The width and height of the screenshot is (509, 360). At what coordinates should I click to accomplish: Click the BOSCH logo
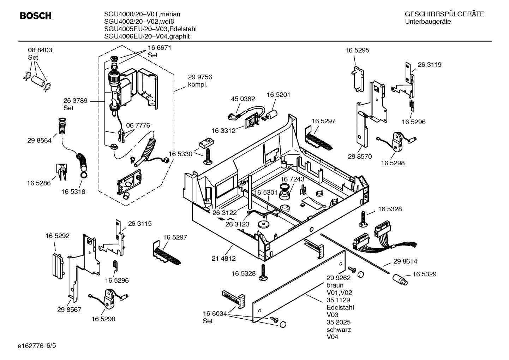[36, 16]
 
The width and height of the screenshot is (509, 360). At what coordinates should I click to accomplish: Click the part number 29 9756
[200, 77]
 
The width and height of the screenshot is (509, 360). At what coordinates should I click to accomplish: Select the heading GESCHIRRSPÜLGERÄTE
[444, 14]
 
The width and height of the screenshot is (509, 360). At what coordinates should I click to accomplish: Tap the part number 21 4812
[223, 258]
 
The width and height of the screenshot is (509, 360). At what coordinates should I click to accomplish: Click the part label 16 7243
[292, 179]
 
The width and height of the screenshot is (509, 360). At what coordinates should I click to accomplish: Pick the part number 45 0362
[243, 99]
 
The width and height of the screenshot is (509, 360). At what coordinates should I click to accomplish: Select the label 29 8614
[405, 261]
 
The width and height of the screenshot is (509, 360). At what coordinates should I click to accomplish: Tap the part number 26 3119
[430, 65]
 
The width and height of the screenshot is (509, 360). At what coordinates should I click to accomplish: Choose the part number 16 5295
[357, 50]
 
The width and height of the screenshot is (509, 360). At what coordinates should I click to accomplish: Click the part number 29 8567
[69, 309]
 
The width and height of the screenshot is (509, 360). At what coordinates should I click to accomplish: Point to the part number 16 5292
[57, 235]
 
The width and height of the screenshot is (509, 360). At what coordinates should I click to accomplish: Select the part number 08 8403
[40, 50]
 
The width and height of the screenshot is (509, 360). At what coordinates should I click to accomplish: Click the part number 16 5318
[73, 191]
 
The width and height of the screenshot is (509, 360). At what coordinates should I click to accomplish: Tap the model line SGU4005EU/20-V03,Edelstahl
[150, 29]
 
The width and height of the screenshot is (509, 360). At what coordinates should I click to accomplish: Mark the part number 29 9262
[338, 278]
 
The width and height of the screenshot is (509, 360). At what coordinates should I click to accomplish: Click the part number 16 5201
[278, 95]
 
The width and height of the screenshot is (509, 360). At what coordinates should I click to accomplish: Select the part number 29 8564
[39, 140]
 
